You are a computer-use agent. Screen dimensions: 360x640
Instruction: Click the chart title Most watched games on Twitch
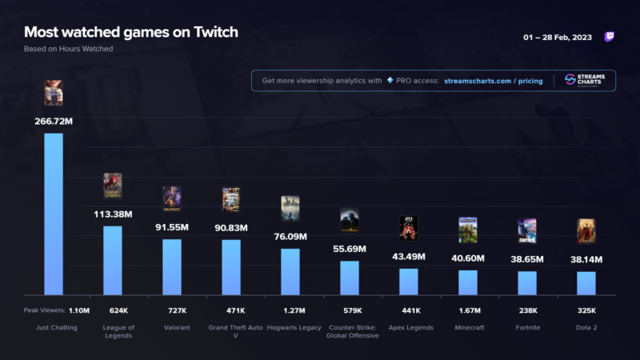point(130,32)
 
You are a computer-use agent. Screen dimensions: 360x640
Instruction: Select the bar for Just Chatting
point(54,214)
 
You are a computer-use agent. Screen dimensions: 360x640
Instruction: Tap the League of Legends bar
point(113,261)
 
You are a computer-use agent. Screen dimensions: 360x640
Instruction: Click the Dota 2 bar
point(586,283)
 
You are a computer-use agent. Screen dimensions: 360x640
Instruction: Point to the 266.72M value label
point(54,121)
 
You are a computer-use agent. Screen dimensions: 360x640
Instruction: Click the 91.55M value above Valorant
point(172,228)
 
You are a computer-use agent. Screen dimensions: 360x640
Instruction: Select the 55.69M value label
point(350,250)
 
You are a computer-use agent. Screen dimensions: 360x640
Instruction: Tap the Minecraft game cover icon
point(468,230)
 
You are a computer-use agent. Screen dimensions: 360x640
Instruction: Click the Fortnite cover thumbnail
point(527,230)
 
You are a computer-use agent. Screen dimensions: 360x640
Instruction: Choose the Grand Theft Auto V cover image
point(231,200)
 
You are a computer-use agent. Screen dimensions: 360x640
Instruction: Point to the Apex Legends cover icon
point(409,228)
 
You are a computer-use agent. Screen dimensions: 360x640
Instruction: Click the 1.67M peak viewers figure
point(468,310)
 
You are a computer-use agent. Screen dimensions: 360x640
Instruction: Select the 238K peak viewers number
point(527,310)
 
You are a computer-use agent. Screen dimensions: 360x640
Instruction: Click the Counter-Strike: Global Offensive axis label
point(350,331)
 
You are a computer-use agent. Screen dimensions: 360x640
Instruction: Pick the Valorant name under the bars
point(172,327)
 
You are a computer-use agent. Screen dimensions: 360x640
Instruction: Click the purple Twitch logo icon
point(610,37)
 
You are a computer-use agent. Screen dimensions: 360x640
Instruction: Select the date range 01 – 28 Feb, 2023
point(558,37)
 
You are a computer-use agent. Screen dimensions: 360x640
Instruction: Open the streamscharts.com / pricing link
point(494,81)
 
